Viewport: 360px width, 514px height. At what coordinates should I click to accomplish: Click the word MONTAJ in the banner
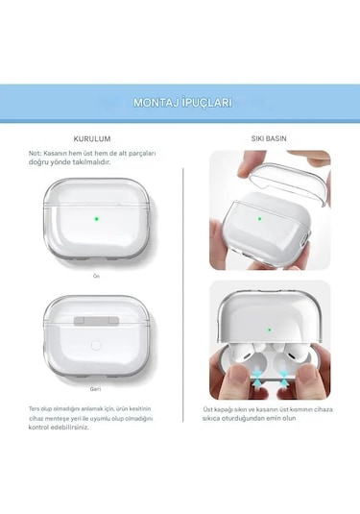(157, 102)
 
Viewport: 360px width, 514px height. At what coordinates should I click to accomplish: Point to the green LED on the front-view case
(97, 217)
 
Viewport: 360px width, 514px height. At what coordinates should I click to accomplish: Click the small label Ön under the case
(96, 276)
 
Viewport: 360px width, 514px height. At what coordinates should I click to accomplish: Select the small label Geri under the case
(96, 390)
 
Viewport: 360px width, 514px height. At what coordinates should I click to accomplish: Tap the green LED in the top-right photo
(259, 218)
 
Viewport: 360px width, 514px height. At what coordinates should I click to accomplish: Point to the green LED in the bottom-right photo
(269, 329)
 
